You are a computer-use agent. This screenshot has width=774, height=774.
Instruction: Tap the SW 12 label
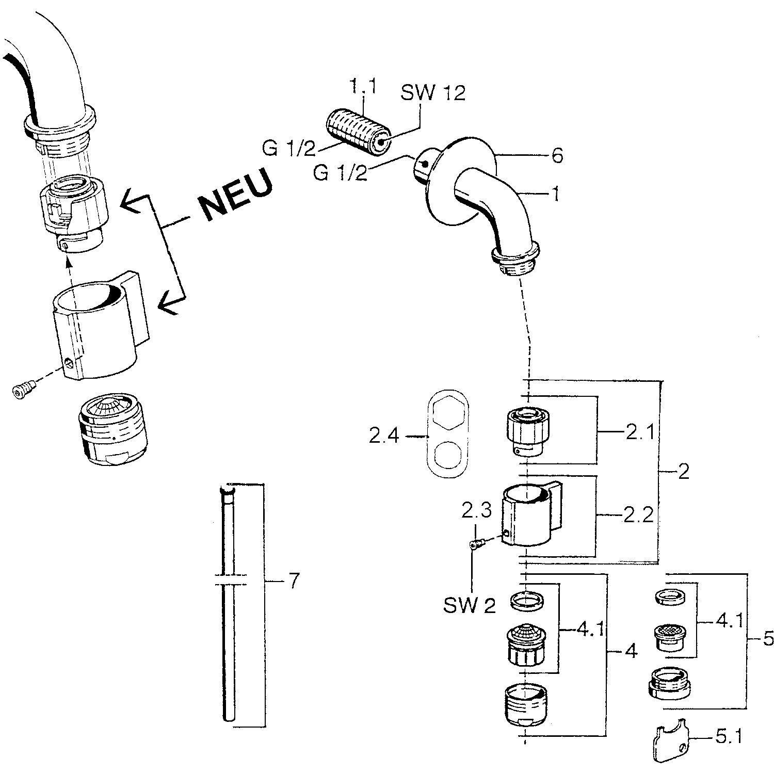pyautogui.click(x=433, y=93)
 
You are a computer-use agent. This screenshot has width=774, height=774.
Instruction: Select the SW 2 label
pyautogui.click(x=470, y=606)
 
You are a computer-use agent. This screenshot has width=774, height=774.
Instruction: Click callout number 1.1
pyautogui.click(x=363, y=86)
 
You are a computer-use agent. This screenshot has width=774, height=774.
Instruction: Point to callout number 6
pyautogui.click(x=558, y=155)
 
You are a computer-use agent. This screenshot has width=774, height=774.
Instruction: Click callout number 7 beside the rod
pyautogui.click(x=293, y=582)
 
